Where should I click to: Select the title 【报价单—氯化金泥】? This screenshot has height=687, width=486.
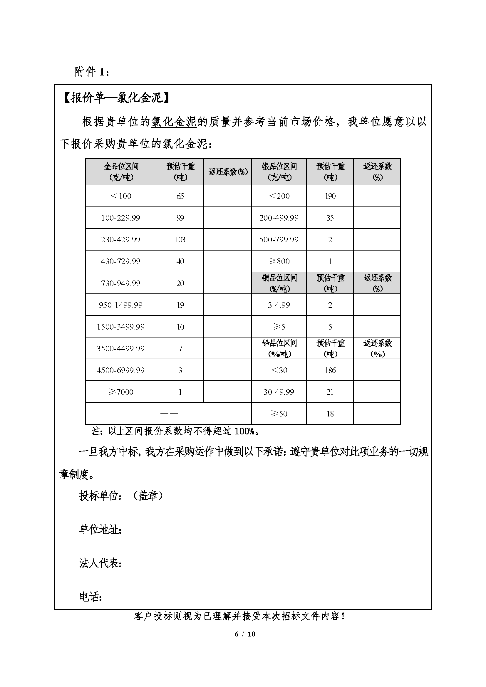click(116, 98)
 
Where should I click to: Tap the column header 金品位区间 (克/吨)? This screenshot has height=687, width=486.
click(121, 172)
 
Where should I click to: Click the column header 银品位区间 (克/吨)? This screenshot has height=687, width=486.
click(279, 172)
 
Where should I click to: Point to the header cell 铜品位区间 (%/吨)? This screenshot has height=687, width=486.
click(279, 283)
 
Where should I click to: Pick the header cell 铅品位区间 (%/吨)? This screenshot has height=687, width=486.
click(279, 348)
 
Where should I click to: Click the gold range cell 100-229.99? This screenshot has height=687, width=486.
click(120, 218)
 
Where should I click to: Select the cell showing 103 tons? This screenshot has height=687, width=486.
click(180, 240)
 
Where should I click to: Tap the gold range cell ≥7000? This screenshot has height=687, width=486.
click(121, 392)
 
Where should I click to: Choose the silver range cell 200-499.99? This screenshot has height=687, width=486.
click(279, 218)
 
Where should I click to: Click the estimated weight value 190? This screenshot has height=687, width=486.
click(330, 196)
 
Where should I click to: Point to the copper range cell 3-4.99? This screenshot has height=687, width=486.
click(279, 305)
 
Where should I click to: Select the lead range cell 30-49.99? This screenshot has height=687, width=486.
click(279, 392)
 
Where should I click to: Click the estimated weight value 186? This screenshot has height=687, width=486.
click(330, 370)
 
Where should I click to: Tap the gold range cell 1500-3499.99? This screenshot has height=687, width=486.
click(120, 327)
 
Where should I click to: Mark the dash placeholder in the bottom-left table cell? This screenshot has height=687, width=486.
click(169, 414)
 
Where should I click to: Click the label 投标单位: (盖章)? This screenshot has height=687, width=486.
click(121, 496)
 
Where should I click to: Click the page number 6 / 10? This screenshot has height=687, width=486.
click(245, 634)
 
